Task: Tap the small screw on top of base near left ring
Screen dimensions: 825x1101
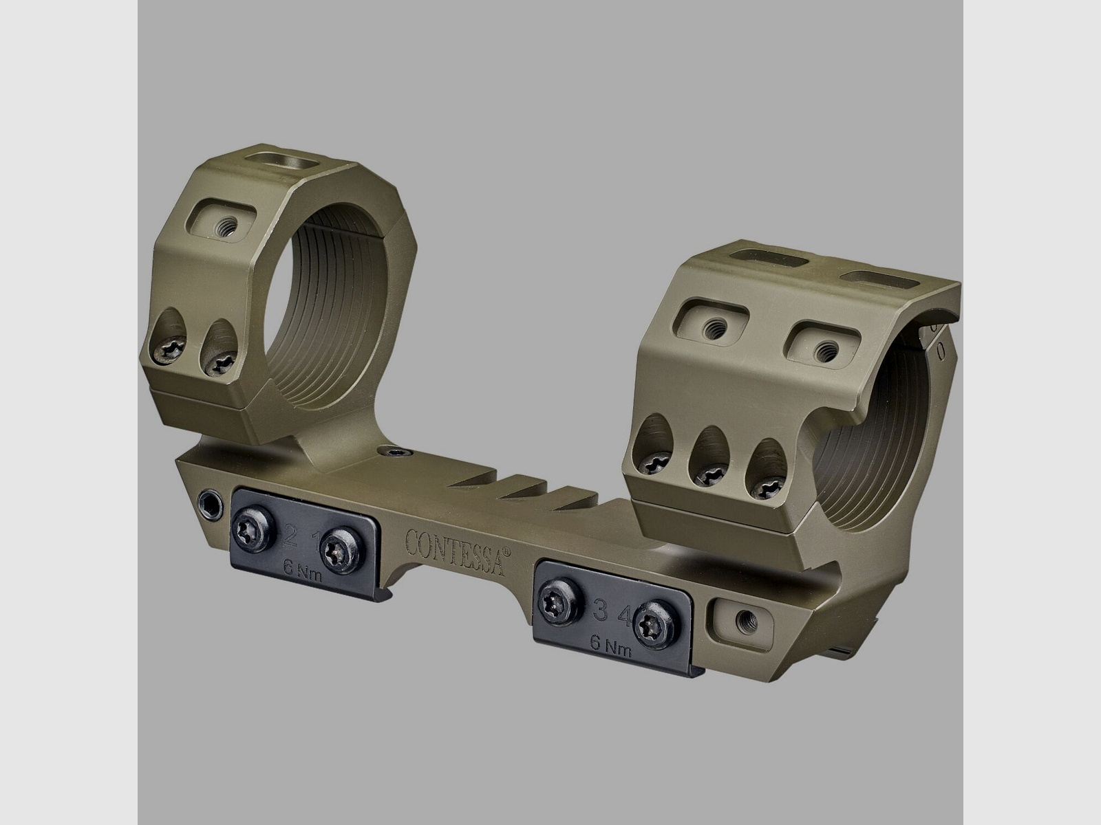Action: (392, 452)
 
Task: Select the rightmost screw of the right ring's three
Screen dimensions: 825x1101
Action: (765, 487)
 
